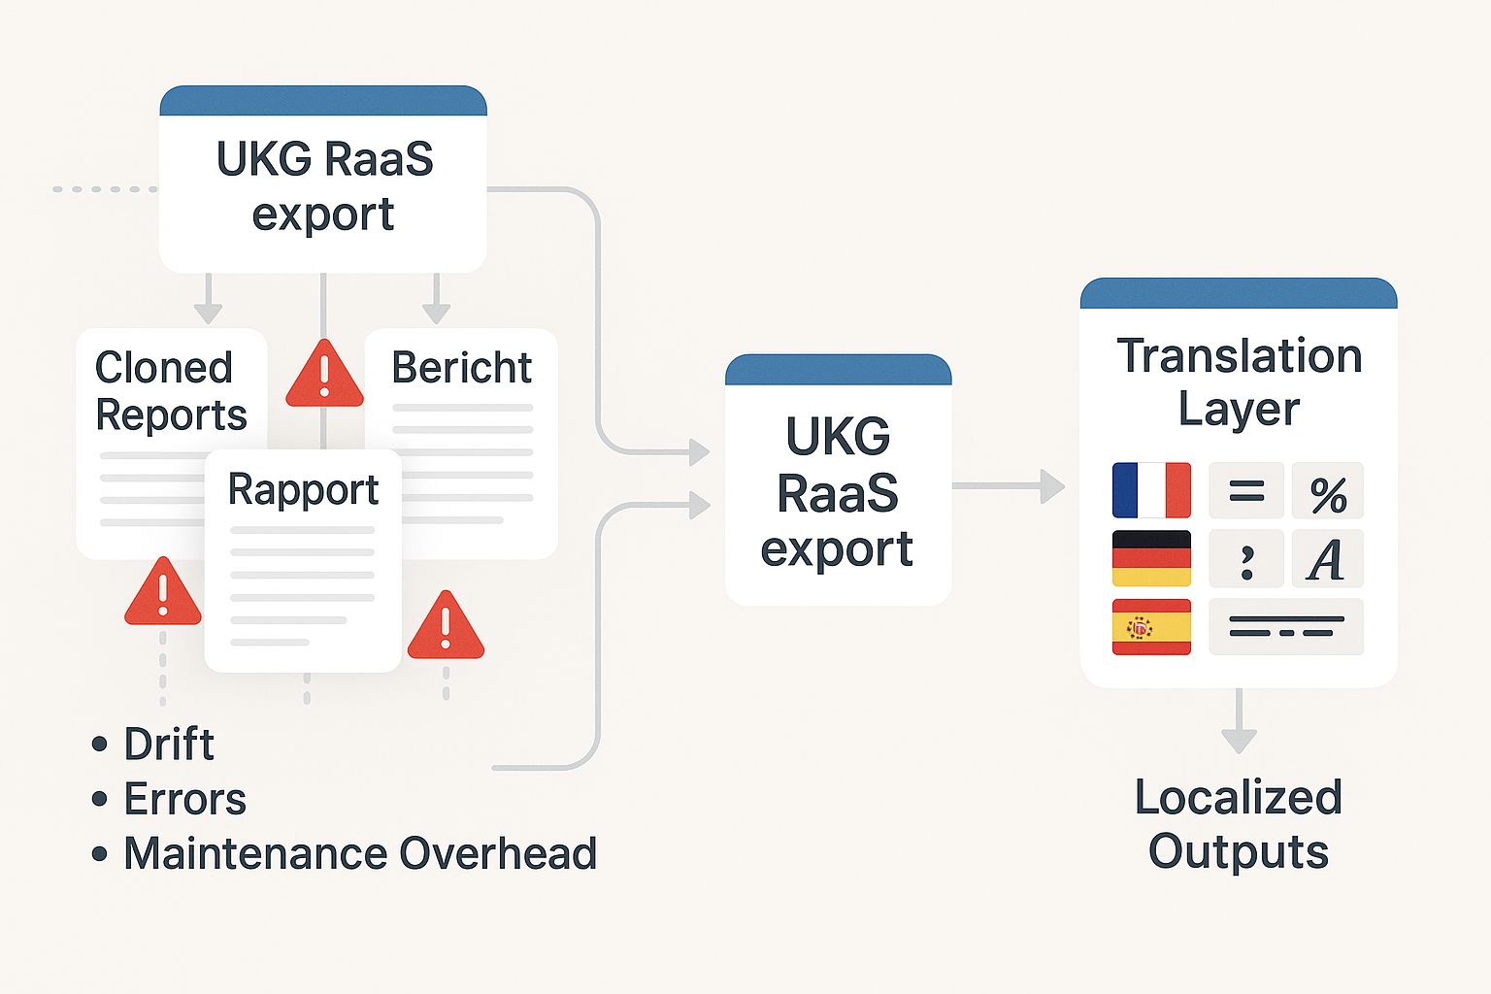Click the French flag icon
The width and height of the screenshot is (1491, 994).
[1151, 490]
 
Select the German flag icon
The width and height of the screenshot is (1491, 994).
[1151, 558]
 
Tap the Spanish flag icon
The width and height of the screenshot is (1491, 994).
[1151, 626]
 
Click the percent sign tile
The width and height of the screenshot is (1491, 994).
[1328, 491]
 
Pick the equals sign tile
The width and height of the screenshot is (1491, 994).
[1246, 491]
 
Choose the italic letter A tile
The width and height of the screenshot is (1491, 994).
[1327, 559]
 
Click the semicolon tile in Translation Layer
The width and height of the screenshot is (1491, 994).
[1246, 559]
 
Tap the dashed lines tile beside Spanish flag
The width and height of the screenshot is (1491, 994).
[1286, 626]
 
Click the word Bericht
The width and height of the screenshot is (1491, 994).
[461, 368]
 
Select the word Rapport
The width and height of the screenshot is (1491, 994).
[303, 490]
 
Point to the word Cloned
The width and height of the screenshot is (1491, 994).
[164, 368]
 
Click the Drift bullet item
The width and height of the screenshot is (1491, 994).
[168, 745]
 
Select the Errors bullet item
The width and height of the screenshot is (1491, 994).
[184, 800]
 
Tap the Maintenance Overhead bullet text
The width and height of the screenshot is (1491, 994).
[359, 854]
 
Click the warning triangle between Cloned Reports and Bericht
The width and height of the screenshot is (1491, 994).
[324, 375]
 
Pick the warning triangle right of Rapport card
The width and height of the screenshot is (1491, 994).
[446, 627]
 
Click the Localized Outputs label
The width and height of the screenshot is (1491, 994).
[1239, 824]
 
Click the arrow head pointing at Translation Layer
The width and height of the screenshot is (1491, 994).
[1052, 485]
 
